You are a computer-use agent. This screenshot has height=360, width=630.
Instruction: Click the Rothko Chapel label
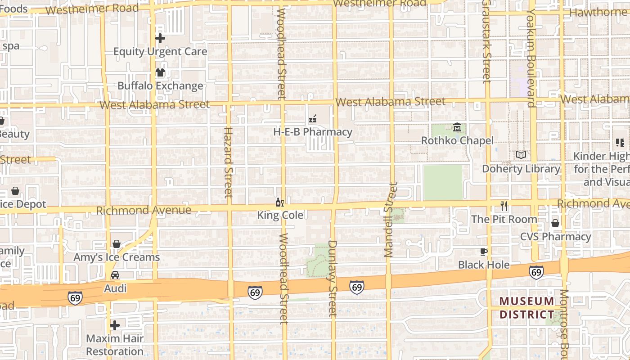click(x=457, y=141)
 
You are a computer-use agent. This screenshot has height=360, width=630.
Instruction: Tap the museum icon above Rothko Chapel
click(x=457, y=128)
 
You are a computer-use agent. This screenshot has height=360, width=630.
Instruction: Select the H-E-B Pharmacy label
click(x=313, y=132)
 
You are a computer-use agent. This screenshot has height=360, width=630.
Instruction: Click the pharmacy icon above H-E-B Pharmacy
click(x=313, y=119)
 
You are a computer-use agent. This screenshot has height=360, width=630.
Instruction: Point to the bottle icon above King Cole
click(x=279, y=202)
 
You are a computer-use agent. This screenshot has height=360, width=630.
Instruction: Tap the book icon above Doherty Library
click(x=521, y=155)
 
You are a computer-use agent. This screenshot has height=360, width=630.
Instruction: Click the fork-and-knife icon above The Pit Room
click(x=504, y=206)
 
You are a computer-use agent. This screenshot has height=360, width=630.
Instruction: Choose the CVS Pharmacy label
click(x=555, y=237)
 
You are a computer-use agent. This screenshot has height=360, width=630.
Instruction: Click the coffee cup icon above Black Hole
click(x=484, y=252)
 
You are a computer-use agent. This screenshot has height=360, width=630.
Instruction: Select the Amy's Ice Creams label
click(x=117, y=257)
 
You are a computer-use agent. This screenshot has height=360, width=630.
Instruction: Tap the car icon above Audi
click(x=115, y=275)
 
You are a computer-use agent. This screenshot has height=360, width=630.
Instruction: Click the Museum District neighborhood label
click(x=526, y=308)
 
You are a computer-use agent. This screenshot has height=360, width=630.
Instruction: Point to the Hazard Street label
click(x=228, y=162)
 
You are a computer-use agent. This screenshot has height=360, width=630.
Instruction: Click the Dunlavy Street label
click(x=333, y=279)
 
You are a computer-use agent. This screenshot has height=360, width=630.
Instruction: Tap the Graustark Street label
click(x=486, y=41)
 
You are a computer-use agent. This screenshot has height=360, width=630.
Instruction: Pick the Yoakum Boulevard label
click(x=532, y=58)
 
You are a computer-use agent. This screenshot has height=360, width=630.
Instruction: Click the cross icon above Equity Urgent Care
click(x=160, y=39)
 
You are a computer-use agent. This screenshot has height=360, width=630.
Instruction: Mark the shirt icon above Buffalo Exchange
click(x=160, y=72)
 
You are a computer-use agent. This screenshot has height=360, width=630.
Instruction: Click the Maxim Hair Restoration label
click(x=115, y=345)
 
